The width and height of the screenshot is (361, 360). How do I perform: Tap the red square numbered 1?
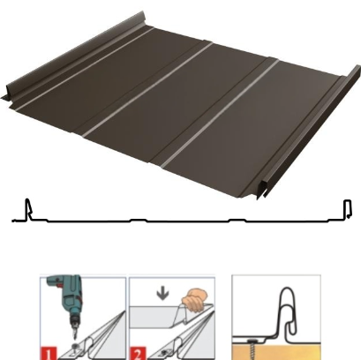coord(49,354)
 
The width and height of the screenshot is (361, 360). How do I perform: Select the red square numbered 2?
coord(138,354)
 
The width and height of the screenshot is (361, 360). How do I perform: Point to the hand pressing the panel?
coord(194,299)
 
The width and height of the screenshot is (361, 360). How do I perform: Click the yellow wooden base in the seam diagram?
coord(276,352)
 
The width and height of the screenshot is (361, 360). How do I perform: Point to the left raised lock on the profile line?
coord(28,209)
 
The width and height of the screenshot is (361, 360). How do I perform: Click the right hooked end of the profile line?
coord(348,209)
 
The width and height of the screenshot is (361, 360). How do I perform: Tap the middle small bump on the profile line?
coord(139,220)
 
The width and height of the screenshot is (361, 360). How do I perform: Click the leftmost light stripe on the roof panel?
coord(86,68)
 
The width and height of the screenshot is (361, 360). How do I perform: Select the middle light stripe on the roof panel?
coord(147,90)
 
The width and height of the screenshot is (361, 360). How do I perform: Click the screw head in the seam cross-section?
coord(253,341)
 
